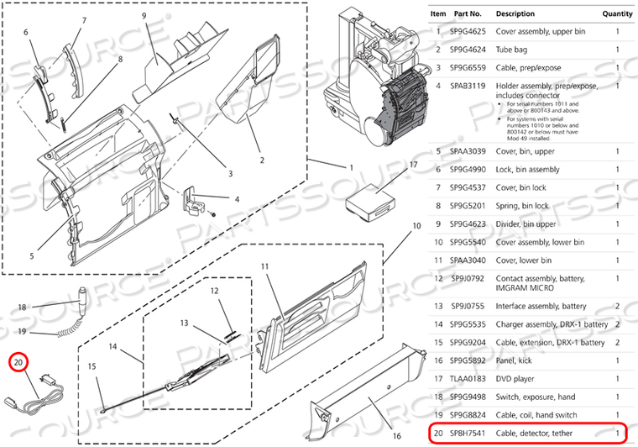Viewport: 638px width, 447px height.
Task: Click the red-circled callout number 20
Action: click(18, 363)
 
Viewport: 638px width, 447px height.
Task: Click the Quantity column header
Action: click(616, 14)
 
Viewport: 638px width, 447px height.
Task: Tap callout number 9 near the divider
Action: click(144, 16)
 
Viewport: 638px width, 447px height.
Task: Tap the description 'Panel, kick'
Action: click(517, 360)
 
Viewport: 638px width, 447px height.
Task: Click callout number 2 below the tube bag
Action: click(261, 160)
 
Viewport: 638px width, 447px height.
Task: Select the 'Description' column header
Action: click(515, 14)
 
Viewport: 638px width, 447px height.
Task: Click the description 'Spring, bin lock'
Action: click(526, 204)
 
